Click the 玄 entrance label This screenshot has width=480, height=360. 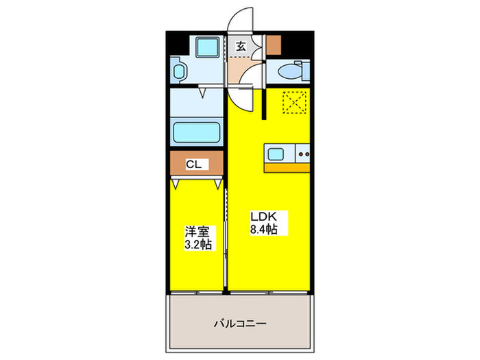tap(241, 47)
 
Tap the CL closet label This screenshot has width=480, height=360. tap(194, 165)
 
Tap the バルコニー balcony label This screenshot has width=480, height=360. tap(239, 323)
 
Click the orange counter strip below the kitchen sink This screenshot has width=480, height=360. tap(287, 167)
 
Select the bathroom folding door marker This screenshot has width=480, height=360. tap(204, 89)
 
